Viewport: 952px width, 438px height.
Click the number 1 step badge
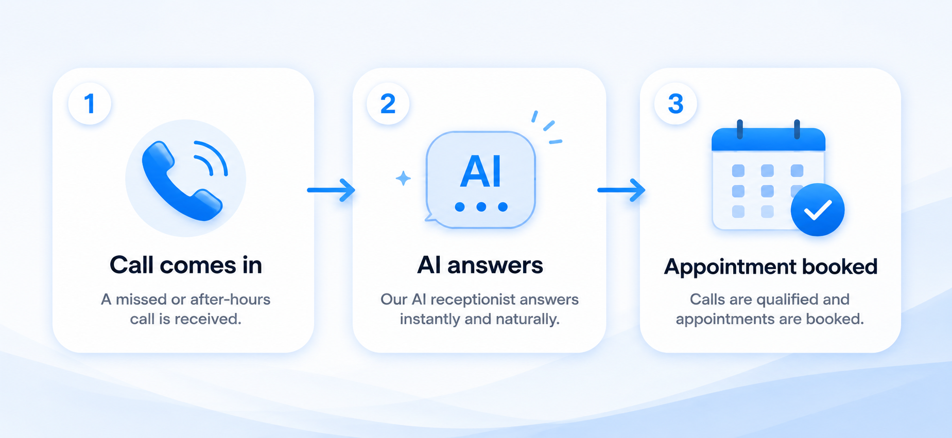pyautogui.click(x=90, y=103)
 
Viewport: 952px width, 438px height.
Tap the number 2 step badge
pyautogui.click(x=388, y=103)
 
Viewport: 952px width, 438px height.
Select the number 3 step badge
pyautogui.click(x=676, y=103)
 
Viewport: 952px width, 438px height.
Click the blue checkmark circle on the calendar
pyautogui.click(x=818, y=209)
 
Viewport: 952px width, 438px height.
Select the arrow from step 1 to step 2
pyautogui.click(x=331, y=190)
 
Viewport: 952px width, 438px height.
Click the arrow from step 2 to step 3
pyautogui.click(x=621, y=190)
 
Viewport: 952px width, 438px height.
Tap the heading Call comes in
pyautogui.click(x=186, y=266)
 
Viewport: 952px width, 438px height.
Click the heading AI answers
pyautogui.click(x=480, y=266)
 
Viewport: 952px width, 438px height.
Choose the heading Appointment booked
pyautogui.click(x=771, y=267)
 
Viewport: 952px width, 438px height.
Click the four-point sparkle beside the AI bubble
pyautogui.click(x=403, y=179)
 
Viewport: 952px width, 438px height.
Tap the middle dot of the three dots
pyautogui.click(x=481, y=206)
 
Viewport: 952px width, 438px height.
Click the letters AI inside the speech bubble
pyautogui.click(x=480, y=171)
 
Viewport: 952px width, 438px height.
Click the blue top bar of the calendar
pyautogui.click(x=768, y=139)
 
